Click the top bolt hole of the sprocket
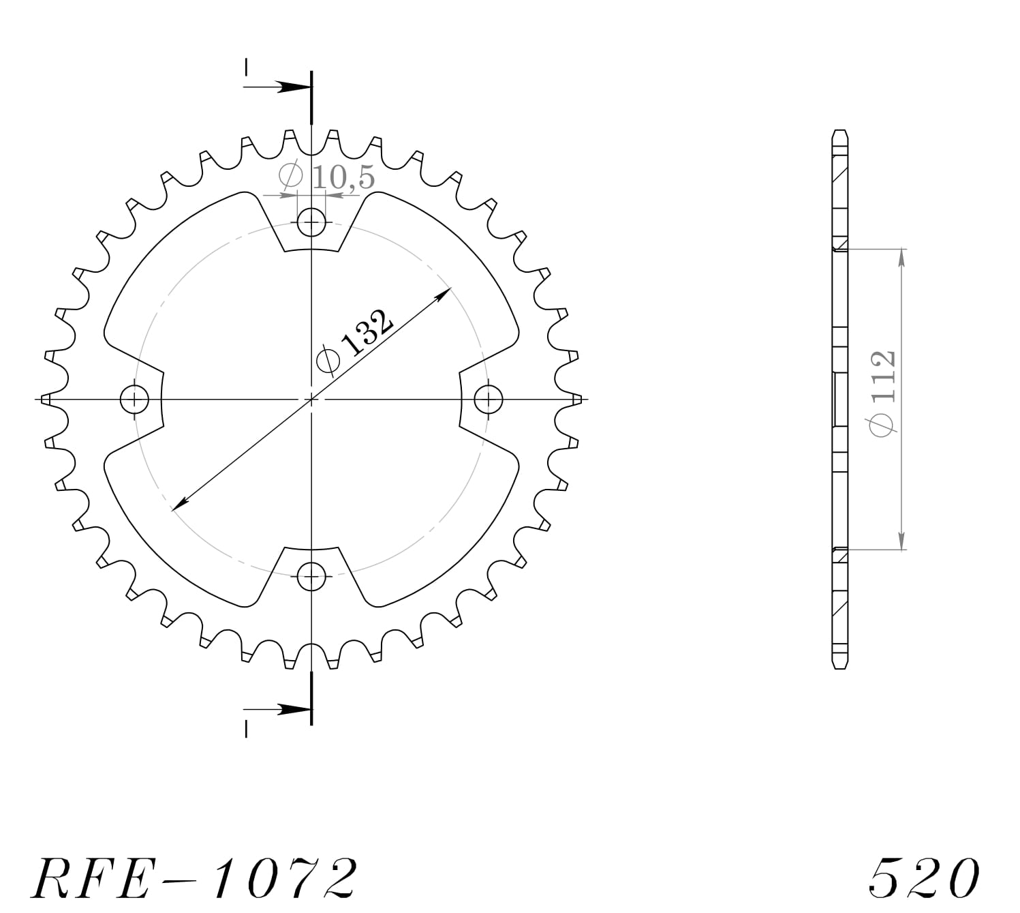[x=311, y=222]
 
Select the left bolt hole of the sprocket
[x=134, y=400]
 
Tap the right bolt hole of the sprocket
[x=489, y=400]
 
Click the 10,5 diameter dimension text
[x=343, y=178]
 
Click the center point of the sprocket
[x=311, y=400]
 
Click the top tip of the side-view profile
[x=840, y=130]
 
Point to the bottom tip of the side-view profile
[x=840, y=668]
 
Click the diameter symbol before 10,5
[x=291, y=176]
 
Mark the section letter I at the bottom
[x=246, y=729]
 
